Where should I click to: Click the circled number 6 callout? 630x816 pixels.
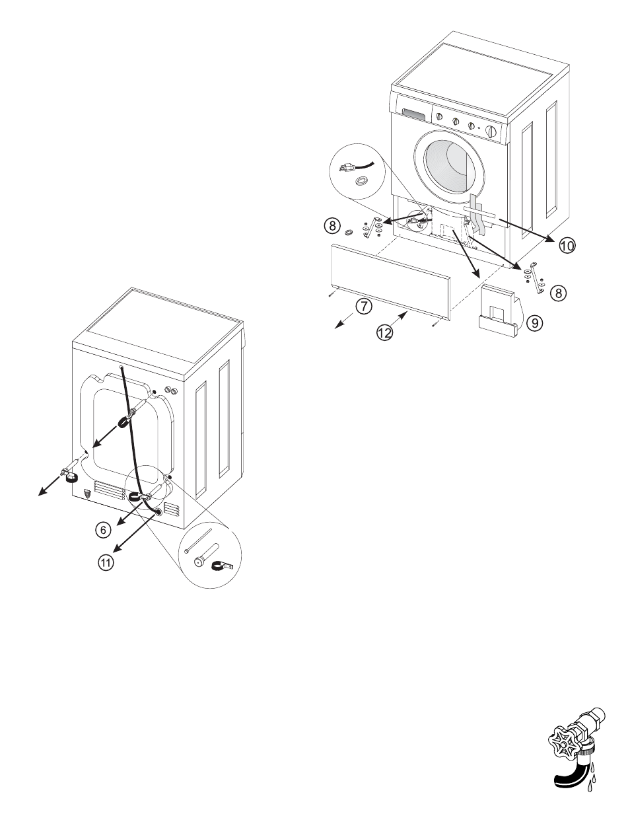pos(101,529)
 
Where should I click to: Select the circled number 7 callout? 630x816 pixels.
pos(362,305)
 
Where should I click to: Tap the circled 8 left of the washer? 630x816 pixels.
pos(332,225)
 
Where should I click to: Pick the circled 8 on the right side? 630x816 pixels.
pos(559,293)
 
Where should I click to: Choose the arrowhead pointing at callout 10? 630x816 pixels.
pos(553,241)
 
